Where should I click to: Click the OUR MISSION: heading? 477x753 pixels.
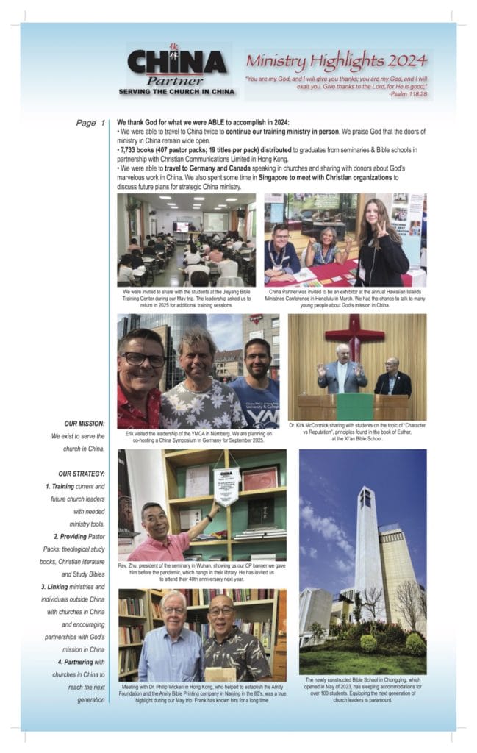84,424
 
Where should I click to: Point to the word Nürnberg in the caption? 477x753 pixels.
218,433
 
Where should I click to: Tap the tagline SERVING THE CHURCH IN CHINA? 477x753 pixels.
177,92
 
